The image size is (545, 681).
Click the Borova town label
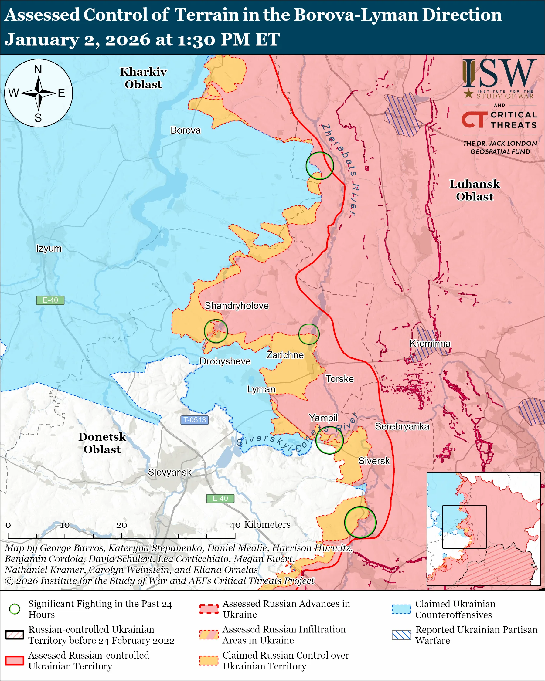pyautogui.click(x=186, y=130)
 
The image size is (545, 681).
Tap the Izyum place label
pyautogui.click(x=49, y=248)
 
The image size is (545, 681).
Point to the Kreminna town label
pyautogui.click(x=430, y=343)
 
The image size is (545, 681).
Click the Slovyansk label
pyautogui.click(x=170, y=472)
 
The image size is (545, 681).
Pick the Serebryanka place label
pyautogui.click(x=402, y=426)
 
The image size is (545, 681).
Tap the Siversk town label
pyautogui.click(x=374, y=461)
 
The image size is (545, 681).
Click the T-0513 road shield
pyautogui.click(x=195, y=420)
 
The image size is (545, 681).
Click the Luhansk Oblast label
pyautogui.click(x=475, y=190)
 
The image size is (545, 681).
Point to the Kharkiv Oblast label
pyautogui.click(x=143, y=78)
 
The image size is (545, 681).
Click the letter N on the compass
pyautogui.click(x=38, y=69)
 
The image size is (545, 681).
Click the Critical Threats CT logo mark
pyautogui.click(x=474, y=120)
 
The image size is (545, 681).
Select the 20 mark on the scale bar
pyautogui.click(x=121, y=525)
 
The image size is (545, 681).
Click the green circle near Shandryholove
pyautogui.click(x=216, y=331)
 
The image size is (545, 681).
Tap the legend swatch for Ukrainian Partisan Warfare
pyautogui.click(x=401, y=635)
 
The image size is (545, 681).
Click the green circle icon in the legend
pyautogui.click(x=15, y=609)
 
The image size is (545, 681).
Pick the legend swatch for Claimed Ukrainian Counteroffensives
pyautogui.click(x=401, y=609)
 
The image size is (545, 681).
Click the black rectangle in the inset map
pyautogui.click(x=464, y=527)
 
